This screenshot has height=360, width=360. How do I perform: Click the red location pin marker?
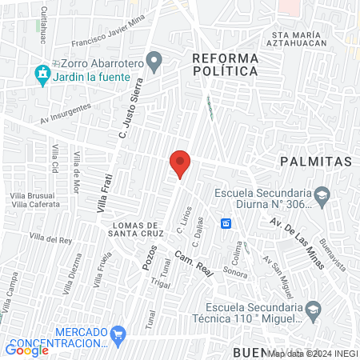[x=180, y=164]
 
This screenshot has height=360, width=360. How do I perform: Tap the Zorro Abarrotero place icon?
[x=156, y=60]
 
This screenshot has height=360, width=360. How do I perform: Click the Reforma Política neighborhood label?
[x=225, y=65]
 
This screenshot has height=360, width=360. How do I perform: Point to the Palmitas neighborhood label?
[x=316, y=162]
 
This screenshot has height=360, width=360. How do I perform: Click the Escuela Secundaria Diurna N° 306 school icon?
[x=322, y=194]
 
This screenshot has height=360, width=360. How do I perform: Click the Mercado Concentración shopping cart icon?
[x=119, y=332]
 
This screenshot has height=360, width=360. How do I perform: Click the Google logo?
[x=27, y=350]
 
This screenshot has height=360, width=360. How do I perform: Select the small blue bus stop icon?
[x=227, y=223]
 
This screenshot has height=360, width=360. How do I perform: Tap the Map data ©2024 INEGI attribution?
[x=312, y=353]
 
